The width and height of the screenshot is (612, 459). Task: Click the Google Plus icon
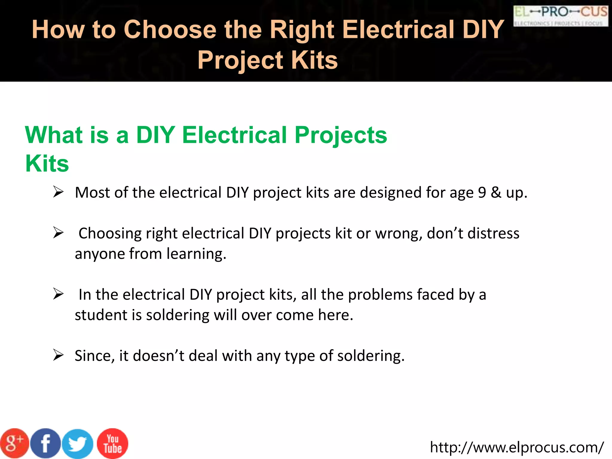click(14, 443)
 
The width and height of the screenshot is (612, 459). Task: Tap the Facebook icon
click(45, 443)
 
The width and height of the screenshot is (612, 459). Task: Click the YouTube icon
click(113, 443)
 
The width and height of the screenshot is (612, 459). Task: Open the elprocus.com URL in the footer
click(517, 447)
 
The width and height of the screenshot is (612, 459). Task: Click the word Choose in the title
click(170, 29)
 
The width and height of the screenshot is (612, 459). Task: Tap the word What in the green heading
click(53, 135)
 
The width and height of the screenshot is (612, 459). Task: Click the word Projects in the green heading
click(341, 135)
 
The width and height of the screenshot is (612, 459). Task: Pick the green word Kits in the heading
click(47, 164)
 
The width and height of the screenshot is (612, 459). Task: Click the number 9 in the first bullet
click(482, 192)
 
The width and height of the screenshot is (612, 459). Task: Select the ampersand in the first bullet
click(496, 192)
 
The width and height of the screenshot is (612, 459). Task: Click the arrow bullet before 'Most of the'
click(58, 192)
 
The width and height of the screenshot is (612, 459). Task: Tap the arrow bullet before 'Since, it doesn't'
click(58, 355)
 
